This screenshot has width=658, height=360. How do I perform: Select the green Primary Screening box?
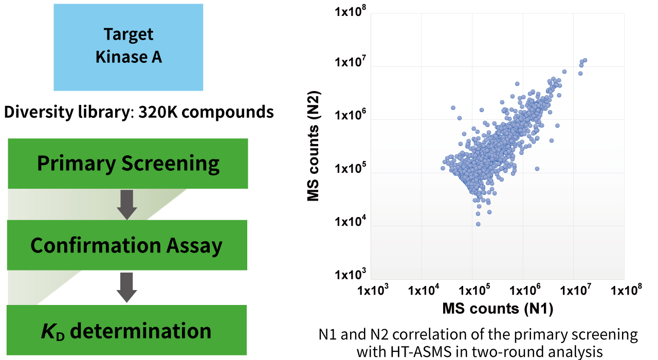pyautogui.click(x=128, y=163)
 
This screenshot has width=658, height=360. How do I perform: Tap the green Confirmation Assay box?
pyautogui.click(x=126, y=245)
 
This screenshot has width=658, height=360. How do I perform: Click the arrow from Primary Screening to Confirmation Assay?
pyautogui.click(x=126, y=204)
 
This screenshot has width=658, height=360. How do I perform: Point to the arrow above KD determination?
pyautogui.click(x=126, y=287)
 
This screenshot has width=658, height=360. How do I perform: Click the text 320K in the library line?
pyautogui.click(x=157, y=112)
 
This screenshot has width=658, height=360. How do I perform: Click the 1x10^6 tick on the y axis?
pyautogui.click(x=350, y=117)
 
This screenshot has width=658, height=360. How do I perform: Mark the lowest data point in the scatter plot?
pyautogui.click(x=478, y=224)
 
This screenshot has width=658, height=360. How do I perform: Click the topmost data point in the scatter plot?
pyautogui.click(x=584, y=60)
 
